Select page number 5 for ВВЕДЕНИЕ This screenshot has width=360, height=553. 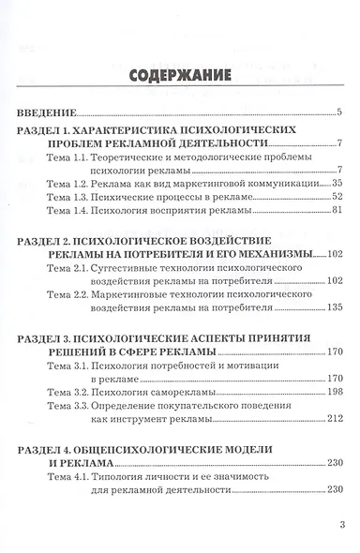click(349, 112)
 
